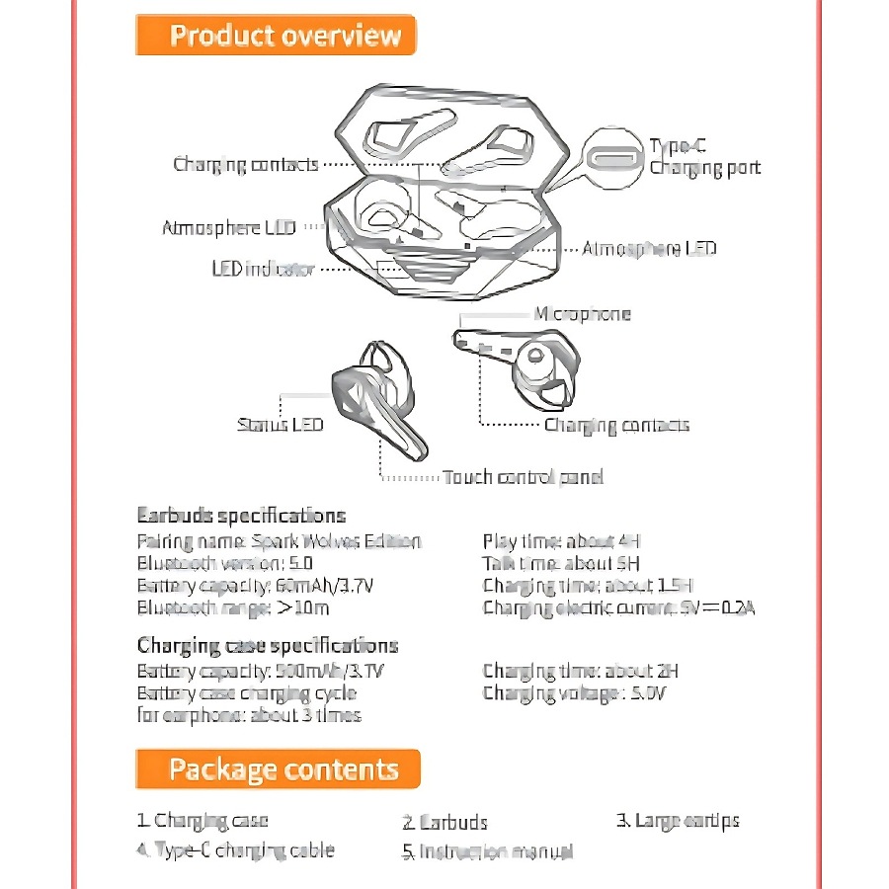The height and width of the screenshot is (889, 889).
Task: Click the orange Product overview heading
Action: tap(276, 37)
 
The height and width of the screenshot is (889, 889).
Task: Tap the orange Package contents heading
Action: tap(278, 769)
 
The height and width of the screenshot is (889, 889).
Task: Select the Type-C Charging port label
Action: tap(704, 157)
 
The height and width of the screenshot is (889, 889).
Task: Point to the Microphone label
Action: tap(582, 314)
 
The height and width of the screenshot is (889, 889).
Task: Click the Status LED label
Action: tap(280, 425)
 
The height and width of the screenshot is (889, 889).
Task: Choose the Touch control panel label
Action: tap(523, 477)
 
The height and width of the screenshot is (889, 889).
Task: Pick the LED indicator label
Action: tap(263, 269)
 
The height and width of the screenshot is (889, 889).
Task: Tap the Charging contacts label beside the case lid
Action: tap(246, 164)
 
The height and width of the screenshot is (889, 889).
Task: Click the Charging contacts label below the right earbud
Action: tap(616, 425)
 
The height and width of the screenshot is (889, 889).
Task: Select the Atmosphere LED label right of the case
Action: tap(649, 248)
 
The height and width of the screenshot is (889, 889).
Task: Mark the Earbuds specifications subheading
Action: tap(241, 516)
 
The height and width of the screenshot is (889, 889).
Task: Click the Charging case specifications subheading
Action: tap(268, 646)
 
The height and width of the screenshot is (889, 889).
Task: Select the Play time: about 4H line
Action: tap(562, 541)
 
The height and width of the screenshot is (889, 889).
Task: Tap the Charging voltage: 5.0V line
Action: tap(575, 693)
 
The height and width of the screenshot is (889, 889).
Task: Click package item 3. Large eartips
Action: tap(678, 820)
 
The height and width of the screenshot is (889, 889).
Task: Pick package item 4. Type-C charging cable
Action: tap(236, 849)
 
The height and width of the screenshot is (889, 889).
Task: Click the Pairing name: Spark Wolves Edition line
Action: tap(279, 541)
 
